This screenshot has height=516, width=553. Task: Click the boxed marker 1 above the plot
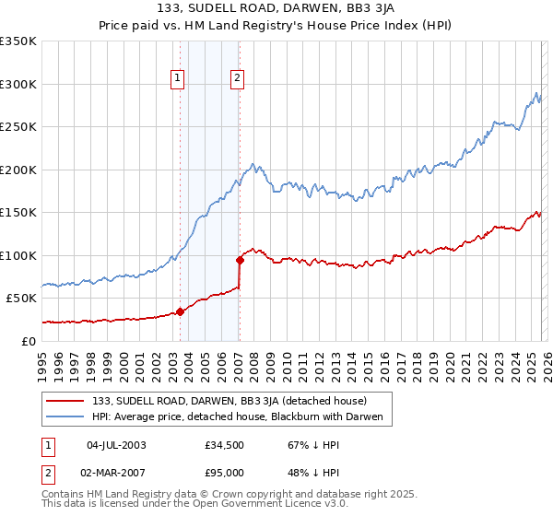pyautogui.click(x=177, y=79)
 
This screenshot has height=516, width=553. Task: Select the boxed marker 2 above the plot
pyautogui.click(x=237, y=79)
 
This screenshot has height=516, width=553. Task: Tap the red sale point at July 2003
pyautogui.click(x=180, y=311)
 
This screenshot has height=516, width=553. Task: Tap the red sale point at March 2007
pyautogui.click(x=240, y=260)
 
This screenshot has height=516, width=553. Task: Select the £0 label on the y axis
pyautogui.click(x=28, y=341)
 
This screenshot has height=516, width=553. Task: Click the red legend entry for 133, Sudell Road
pyautogui.click(x=229, y=402)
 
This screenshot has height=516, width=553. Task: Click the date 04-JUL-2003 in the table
pyautogui.click(x=116, y=445)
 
